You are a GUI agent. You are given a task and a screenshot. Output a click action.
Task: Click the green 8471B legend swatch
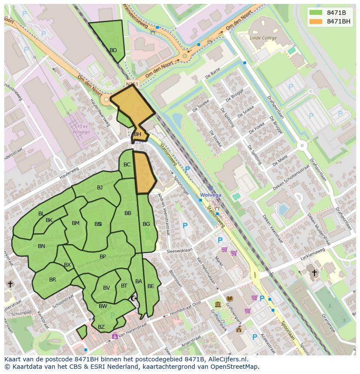316,13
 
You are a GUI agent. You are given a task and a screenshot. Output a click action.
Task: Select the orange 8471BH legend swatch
316,21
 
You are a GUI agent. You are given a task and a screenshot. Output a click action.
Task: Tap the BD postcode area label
113,50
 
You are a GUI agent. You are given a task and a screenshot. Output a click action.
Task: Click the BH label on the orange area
137,134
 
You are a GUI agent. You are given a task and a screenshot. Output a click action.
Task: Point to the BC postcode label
127,165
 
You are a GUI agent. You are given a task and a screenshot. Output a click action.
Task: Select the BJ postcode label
100,188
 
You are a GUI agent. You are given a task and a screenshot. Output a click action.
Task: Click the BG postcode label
146,224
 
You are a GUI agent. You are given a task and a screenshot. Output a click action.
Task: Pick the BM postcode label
76,223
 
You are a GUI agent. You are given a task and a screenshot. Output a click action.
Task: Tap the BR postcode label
53,280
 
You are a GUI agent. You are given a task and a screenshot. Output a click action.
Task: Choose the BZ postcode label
101,327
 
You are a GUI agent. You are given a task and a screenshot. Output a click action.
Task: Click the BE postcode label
150,286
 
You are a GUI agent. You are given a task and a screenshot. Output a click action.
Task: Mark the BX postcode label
67,265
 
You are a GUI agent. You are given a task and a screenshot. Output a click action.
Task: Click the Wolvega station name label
210,195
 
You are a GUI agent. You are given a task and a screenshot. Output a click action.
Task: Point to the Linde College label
263,38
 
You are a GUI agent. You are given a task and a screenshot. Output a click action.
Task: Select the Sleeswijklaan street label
180,252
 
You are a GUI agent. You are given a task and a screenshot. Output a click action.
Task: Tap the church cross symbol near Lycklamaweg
314,273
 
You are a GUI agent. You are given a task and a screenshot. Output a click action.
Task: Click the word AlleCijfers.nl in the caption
226,359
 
